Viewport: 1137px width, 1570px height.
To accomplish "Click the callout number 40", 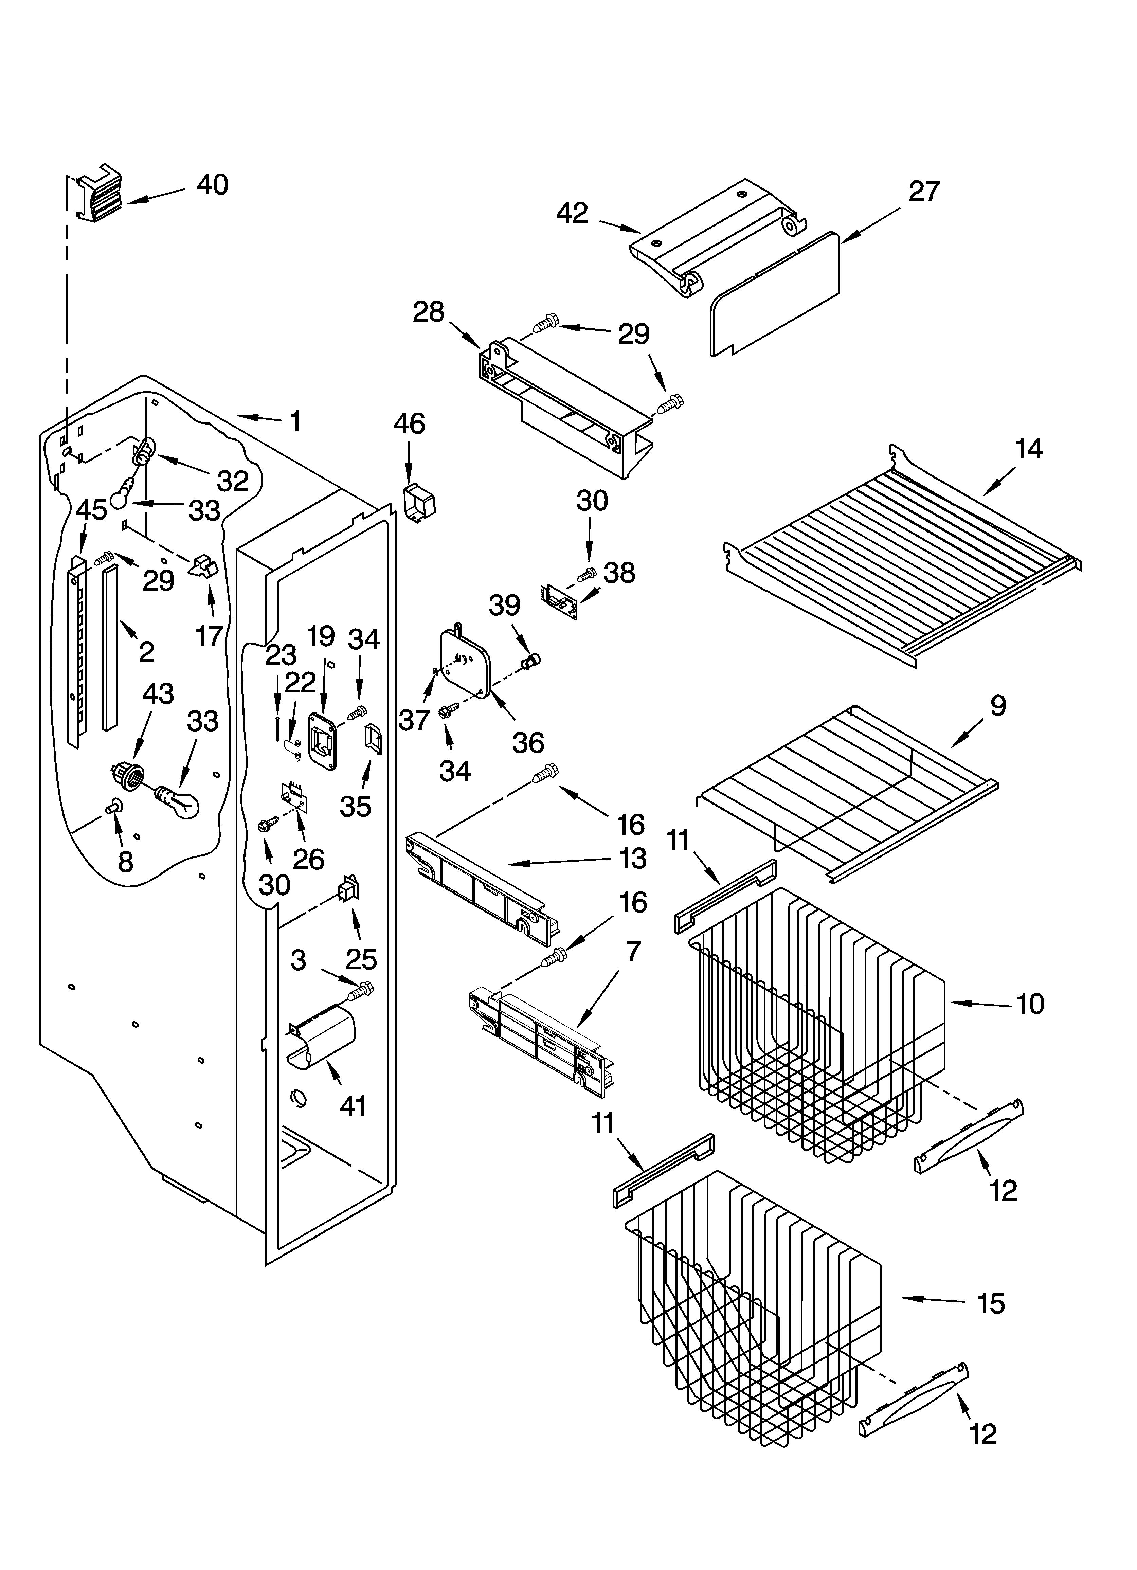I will (x=213, y=185).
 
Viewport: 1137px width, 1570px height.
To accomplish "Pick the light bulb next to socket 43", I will (x=178, y=801).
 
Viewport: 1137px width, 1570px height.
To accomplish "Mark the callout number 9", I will (x=998, y=706).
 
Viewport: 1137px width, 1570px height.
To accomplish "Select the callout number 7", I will (x=634, y=953).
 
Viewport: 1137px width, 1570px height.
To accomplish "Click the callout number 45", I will (x=91, y=510).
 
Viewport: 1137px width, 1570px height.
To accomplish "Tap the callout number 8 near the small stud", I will (x=125, y=862).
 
